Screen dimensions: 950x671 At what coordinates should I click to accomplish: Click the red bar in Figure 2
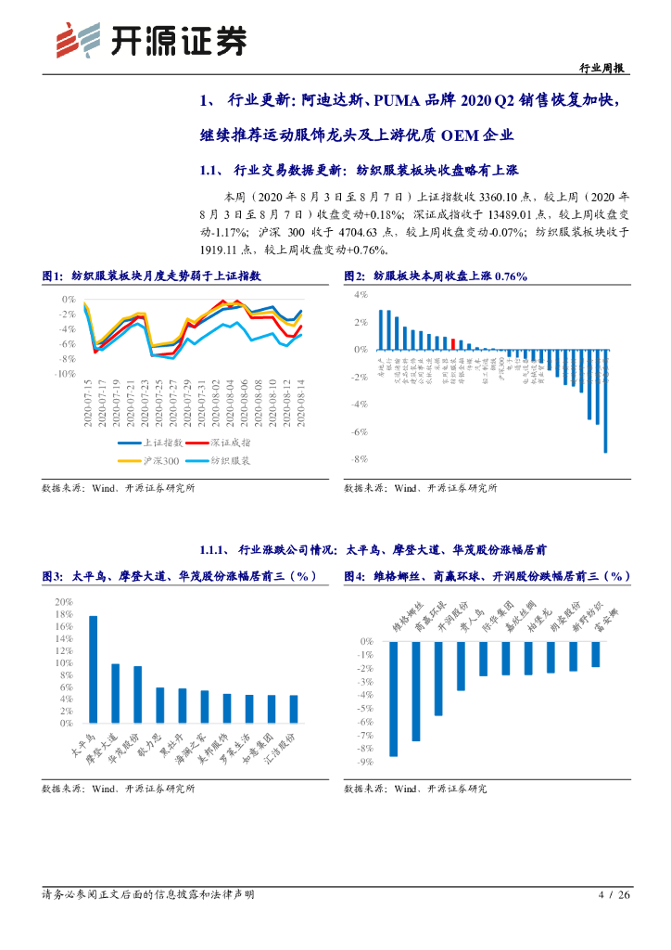[x=452, y=343]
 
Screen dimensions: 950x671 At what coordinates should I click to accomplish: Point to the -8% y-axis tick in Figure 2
[x=361, y=459]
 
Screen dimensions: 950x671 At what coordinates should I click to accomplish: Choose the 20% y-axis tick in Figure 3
[x=64, y=602]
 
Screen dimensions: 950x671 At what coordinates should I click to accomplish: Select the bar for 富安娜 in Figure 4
[x=596, y=654]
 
